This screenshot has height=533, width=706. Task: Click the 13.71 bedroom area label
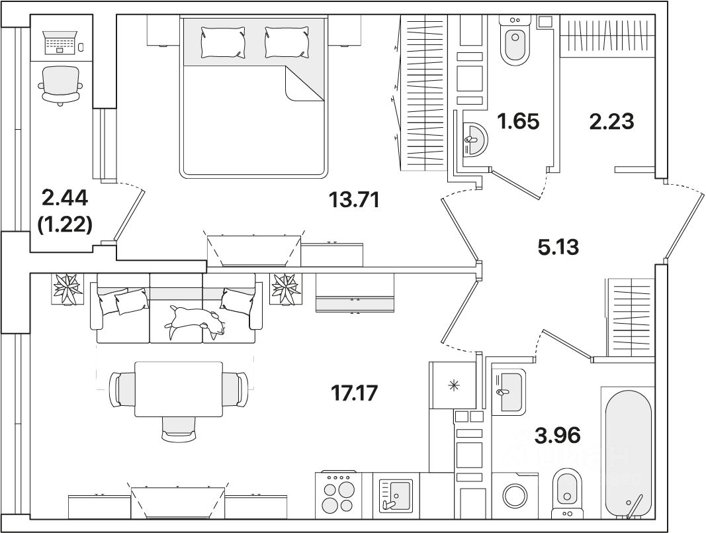click(354, 199)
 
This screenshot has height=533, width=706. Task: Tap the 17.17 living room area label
click(354, 393)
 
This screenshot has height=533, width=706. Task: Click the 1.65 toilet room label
click(518, 121)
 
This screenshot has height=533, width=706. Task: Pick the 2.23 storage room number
click(611, 121)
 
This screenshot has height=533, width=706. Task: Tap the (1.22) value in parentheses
click(65, 225)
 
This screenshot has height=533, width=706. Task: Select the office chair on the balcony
click(62, 83)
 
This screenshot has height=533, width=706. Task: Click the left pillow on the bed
click(223, 42)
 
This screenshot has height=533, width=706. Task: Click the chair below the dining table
click(178, 427)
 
